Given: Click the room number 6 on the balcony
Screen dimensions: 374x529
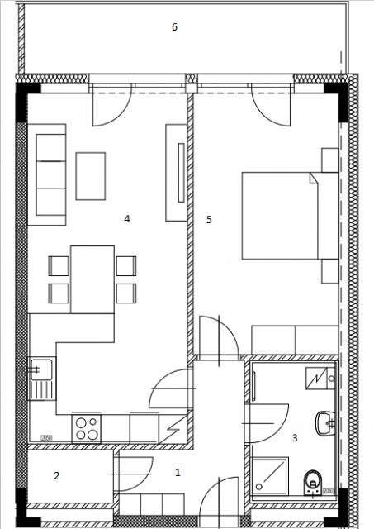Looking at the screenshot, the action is tap(174, 26).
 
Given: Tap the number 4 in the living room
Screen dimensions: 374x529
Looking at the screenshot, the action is tap(127, 218).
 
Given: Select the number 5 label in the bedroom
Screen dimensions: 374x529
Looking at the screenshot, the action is tap(209, 220).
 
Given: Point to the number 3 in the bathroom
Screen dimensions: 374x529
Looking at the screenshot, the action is tap(295, 438).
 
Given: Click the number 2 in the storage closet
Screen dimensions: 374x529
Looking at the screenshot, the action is tap(57, 476).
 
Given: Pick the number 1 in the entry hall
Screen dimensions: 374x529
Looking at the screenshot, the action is tap(178, 473).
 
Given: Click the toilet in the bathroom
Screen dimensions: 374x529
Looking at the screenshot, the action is tap(313, 482).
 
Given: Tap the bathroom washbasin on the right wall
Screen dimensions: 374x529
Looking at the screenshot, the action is tap(325, 422).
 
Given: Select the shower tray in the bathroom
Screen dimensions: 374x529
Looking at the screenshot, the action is tap(270, 476).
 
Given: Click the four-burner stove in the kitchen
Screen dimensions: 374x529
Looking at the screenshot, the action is tap(86, 428).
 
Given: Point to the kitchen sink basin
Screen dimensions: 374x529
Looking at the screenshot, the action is tap(41, 369).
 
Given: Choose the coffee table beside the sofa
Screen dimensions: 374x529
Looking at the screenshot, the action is tap(91, 176).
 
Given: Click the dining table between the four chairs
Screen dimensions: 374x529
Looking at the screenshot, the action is tap(92, 279).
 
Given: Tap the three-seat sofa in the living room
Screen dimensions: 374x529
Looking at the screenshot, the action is tap(47, 174).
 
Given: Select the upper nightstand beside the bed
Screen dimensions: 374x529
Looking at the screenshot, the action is tap(330, 160).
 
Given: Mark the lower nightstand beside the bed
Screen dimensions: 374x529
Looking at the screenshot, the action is tap(330, 271).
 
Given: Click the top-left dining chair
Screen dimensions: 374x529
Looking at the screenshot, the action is tap(59, 266).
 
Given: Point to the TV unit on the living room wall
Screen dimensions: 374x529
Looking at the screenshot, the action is tap(176, 173).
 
